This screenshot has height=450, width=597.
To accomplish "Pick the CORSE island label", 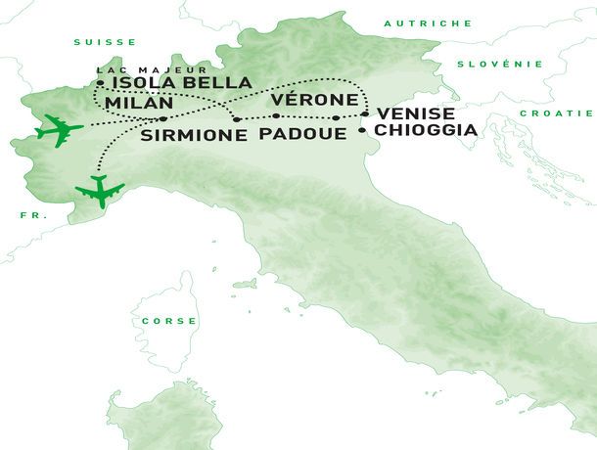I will click(169, 321).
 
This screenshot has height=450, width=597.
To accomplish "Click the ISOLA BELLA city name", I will click(182, 83).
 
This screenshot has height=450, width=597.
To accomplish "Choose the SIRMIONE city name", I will click(194, 136).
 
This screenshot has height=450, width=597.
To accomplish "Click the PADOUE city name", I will click(298, 136).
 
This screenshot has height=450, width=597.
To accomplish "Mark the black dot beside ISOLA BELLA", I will click(101, 83).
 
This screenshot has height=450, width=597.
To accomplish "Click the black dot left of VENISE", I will click(364, 114).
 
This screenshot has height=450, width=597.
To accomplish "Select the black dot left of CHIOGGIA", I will click(363, 129).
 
